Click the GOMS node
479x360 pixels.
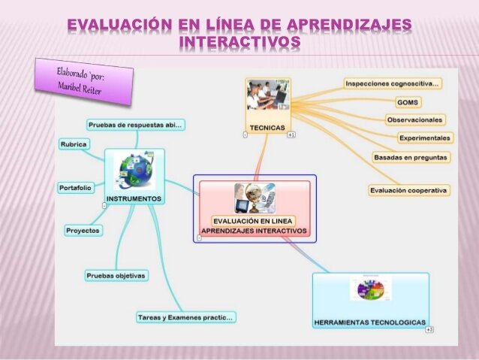[x=408, y=101]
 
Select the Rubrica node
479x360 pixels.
[x=74, y=144]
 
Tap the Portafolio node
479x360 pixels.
[x=75, y=187]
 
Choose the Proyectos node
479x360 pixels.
[x=83, y=231]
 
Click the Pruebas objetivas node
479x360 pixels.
[x=116, y=276]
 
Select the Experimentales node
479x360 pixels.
[x=425, y=138]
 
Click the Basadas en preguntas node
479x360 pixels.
[x=411, y=158]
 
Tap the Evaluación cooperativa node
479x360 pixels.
[x=409, y=191]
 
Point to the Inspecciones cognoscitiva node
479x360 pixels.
[x=393, y=83]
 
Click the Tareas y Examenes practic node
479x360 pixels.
[x=185, y=318]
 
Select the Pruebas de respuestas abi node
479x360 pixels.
[x=135, y=124]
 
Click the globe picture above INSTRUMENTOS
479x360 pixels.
[x=134, y=171]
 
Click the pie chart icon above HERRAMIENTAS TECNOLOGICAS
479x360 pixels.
[x=370, y=289]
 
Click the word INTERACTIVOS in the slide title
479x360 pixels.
[x=240, y=42]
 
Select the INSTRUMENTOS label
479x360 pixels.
[x=134, y=198]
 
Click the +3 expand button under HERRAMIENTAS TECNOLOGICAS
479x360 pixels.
[x=429, y=330]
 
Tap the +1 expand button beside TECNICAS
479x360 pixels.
[x=291, y=135]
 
